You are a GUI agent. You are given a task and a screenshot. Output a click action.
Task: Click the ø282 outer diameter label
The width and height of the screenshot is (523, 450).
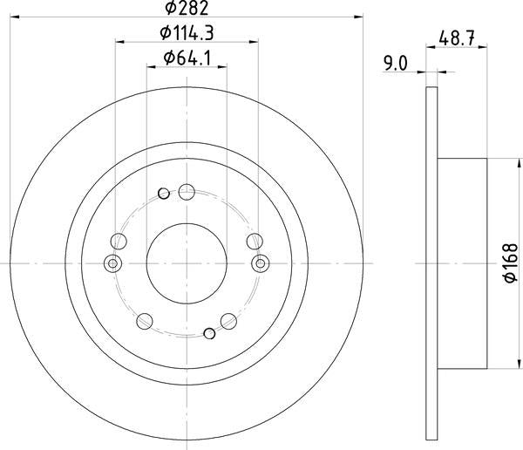[x=187, y=8]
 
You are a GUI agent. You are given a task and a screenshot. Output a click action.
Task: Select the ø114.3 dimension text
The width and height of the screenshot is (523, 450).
[x=187, y=33]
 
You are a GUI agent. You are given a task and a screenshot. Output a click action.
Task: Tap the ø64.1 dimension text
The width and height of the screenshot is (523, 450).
[x=187, y=58]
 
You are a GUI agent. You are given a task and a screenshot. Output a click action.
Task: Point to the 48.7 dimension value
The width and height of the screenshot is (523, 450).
[x=457, y=37]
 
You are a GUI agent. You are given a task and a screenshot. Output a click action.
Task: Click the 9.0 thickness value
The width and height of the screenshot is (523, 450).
[x=396, y=63]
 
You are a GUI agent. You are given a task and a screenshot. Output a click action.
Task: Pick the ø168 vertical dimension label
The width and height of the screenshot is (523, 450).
[x=511, y=263]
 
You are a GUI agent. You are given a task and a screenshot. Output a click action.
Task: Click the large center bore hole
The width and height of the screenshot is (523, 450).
[x=187, y=263]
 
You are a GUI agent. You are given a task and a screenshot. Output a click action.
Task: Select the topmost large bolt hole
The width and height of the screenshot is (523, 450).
[x=187, y=192]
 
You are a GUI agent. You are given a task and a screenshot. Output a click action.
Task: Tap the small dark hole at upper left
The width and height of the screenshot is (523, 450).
[x=164, y=194]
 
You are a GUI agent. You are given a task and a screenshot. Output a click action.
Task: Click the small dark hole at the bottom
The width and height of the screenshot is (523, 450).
[x=209, y=333]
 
